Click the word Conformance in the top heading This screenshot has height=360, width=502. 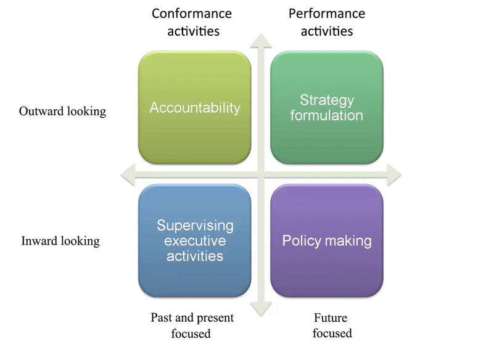192,14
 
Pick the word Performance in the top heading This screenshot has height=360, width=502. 327,14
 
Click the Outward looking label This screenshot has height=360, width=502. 62,112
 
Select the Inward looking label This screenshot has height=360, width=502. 60,241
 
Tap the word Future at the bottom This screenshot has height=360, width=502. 331,318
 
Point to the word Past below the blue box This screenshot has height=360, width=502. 162,318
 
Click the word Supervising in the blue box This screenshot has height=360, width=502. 194,226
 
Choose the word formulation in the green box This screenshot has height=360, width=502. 326,115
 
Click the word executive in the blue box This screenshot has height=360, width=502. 194,240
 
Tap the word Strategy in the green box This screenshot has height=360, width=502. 326,100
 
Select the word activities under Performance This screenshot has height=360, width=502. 327,30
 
